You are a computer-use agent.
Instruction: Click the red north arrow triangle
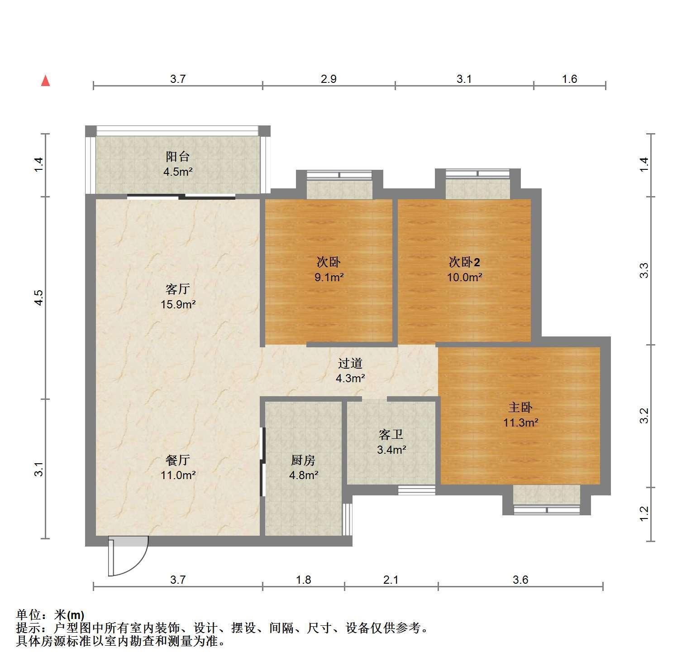(45, 81)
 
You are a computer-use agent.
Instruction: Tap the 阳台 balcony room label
(178, 157)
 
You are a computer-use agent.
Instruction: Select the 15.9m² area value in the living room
(178, 304)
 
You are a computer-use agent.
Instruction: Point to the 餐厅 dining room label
(178, 461)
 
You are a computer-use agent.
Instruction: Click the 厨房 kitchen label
(303, 461)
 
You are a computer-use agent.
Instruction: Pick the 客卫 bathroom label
(391, 435)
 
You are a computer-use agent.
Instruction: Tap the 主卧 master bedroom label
(520, 408)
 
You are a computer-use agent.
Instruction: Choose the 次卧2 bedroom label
(464, 262)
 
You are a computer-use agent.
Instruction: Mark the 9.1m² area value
(329, 277)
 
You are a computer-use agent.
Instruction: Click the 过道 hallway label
(350, 363)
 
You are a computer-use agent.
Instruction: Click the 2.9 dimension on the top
(329, 79)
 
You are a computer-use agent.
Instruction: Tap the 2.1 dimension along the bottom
(391, 580)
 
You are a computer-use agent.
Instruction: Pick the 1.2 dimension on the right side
(644, 514)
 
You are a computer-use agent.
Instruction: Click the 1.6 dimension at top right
(569, 79)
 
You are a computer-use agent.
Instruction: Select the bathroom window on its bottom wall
(416, 490)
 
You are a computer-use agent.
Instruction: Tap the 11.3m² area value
(520, 423)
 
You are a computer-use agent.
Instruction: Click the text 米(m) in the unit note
(69, 615)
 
